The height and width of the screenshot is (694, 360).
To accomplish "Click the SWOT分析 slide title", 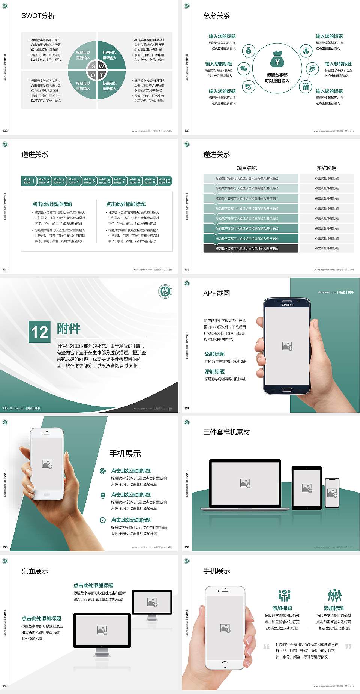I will pos(38,16).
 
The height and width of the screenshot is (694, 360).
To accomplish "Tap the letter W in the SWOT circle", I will pos(101,66).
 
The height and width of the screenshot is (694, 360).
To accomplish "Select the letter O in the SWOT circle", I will pos(93,75).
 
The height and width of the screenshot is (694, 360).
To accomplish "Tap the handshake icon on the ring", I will pos(249,87).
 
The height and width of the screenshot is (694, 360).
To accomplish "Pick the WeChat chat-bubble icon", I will pos(244,69).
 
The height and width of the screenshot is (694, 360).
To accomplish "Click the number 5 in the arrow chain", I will pos(94,181).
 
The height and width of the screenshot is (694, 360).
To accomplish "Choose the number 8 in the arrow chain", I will pos(139,181).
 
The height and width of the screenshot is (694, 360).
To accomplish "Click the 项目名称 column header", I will pos(247,168).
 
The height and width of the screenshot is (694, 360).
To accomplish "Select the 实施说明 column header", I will pos(327,168).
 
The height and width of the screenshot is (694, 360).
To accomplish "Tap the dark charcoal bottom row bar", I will pos(251,248).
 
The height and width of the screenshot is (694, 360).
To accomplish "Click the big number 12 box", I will pos(39,332).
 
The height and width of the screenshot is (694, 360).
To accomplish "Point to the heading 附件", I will pos(69,329).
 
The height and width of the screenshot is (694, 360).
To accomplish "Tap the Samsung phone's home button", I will pos(287,389).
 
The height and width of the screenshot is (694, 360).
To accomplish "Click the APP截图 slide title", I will pos(216,293).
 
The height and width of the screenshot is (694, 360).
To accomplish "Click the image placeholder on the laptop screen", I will pos(245,483).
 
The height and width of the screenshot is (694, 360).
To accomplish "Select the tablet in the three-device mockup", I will pos(307,488).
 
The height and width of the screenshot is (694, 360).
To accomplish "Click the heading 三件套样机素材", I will pos(226,432).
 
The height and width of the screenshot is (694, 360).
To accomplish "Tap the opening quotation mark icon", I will pos(266,646).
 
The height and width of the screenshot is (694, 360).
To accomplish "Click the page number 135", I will pos(187,269).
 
